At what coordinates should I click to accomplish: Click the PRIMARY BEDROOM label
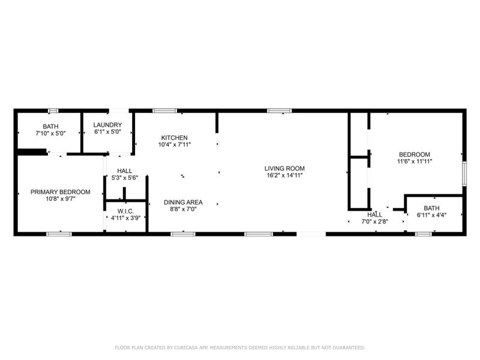point(61,192)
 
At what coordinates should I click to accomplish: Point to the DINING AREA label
point(184,202)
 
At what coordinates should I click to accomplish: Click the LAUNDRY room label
point(108,125)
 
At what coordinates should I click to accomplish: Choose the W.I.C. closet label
point(125,211)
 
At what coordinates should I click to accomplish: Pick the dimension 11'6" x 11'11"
point(414,161)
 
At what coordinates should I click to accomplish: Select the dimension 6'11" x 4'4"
point(431,214)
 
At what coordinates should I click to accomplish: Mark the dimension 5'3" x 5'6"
point(125,178)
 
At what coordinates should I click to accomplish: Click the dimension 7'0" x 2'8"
point(375,221)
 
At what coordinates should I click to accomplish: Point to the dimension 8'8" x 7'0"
point(184,209)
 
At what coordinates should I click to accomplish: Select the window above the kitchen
point(164,110)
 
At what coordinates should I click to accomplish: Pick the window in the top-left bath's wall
point(53,110)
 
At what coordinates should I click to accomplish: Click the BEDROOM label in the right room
point(414,154)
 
